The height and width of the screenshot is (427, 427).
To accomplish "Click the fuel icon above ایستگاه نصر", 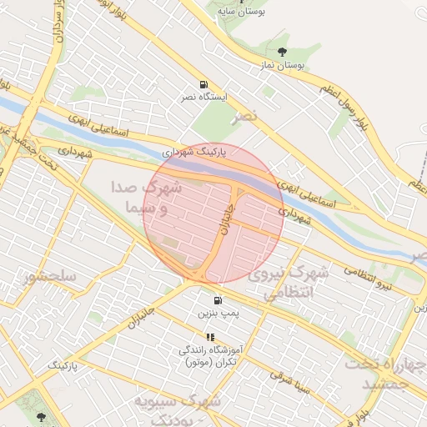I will pyautogui.click(x=203, y=85).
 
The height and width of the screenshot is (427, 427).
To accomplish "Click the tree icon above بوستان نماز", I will pyautogui.click(x=280, y=53).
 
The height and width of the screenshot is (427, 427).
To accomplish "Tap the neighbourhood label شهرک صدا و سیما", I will pyautogui.click(x=146, y=197).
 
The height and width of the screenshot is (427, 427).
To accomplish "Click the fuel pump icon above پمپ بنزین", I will pyautogui.click(x=218, y=300).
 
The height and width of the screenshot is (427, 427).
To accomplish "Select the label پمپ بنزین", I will pyautogui.click(x=218, y=314).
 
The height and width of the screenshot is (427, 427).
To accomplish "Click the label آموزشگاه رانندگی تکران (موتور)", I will pyautogui.click(x=208, y=356).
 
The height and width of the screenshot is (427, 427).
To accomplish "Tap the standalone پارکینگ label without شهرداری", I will pyautogui.click(x=63, y=365).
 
